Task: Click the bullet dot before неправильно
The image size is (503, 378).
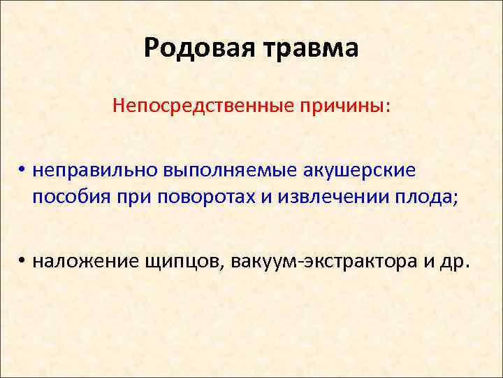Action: pos(22,171)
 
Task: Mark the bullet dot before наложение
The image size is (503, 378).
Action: pos(22,261)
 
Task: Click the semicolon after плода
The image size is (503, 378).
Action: pos(457,199)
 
